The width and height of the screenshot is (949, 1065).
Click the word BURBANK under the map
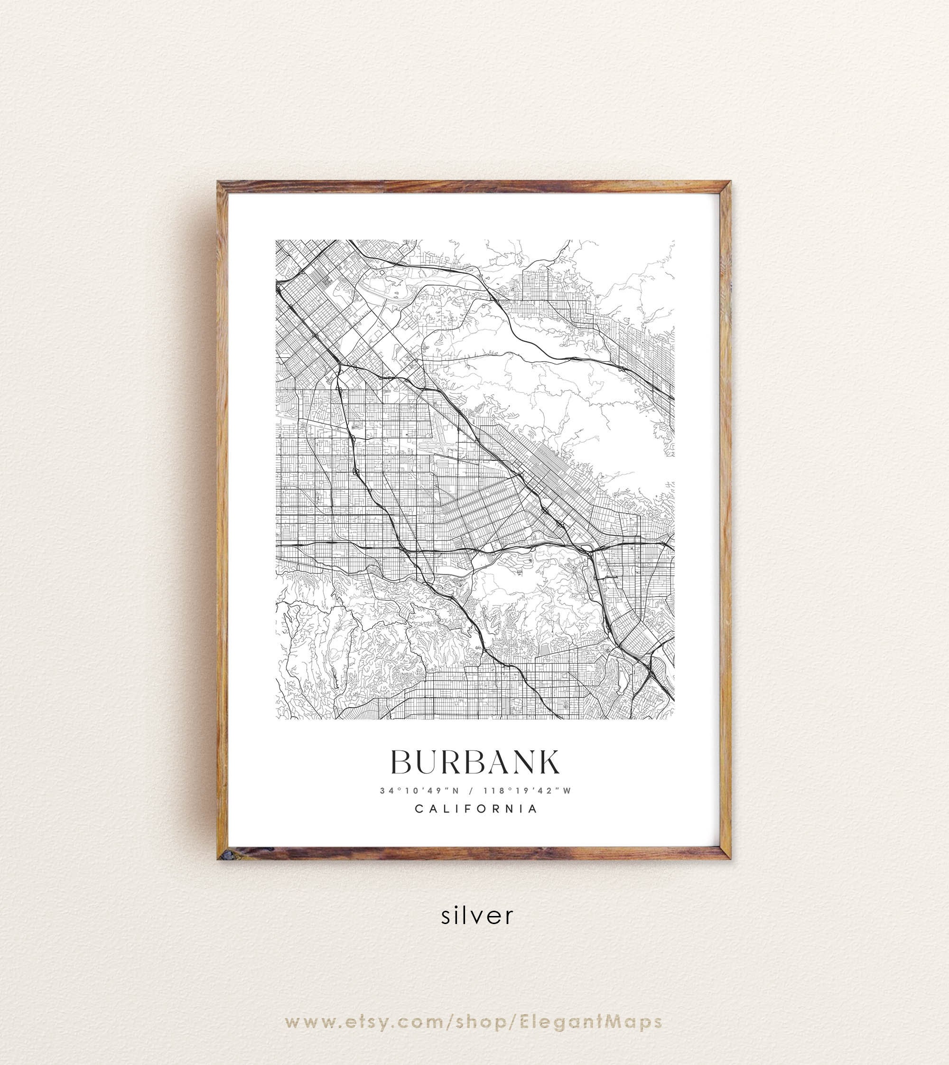point(475,762)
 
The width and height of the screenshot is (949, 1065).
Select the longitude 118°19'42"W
point(528,790)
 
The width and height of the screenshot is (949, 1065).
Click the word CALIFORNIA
point(475,809)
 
